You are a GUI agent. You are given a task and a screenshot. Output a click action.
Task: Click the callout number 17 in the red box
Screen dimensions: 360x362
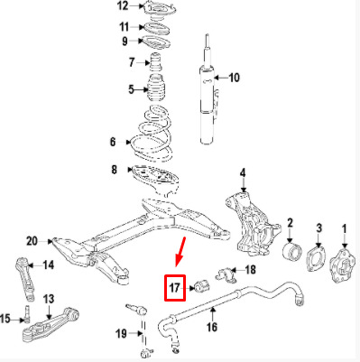click(x=174, y=288)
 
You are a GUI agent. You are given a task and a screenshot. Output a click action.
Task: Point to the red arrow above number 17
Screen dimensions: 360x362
click(x=180, y=252)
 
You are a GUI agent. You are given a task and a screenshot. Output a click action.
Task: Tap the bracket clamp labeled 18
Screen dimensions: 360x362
click(x=226, y=274)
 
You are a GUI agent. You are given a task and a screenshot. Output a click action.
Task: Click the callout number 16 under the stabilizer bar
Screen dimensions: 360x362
click(x=212, y=327)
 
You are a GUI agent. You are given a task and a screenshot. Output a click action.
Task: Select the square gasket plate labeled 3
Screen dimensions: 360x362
click(x=316, y=259)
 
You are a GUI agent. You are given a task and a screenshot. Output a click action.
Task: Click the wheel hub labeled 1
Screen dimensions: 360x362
click(x=342, y=265)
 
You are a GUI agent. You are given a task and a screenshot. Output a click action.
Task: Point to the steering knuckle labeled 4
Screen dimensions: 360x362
click(x=253, y=224)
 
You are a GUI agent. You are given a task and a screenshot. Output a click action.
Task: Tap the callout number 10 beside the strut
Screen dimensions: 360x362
click(x=235, y=78)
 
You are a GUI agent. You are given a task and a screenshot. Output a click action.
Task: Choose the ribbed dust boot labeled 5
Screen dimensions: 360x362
click(x=156, y=89)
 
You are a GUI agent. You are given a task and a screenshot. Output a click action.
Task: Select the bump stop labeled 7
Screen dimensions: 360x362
click(x=155, y=62)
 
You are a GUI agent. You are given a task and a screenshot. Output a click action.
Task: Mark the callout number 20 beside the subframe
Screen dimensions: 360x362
click(x=32, y=241)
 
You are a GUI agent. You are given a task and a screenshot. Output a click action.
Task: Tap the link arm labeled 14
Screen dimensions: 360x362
click(x=25, y=279)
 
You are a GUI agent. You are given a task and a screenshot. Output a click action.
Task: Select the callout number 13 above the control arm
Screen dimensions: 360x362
click(x=49, y=299)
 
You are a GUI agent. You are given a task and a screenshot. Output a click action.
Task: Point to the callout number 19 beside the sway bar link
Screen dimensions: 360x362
click(x=122, y=333)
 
